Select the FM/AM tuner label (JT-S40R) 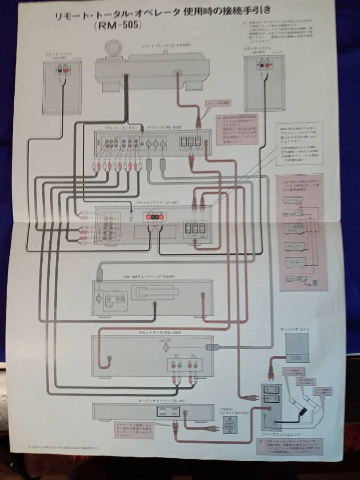(149, 277)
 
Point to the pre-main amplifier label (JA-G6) (154, 203)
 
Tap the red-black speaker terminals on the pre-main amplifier (154, 217)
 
